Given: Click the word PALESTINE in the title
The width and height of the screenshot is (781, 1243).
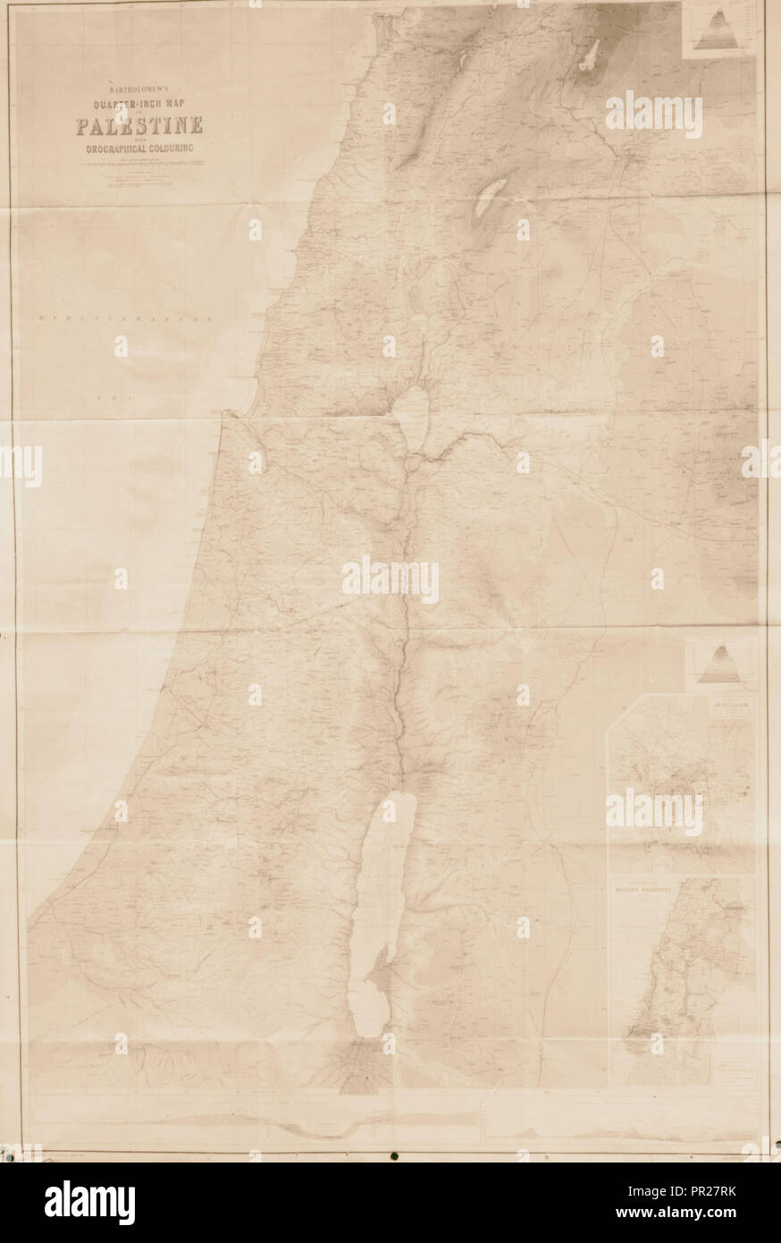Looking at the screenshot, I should coord(138,125).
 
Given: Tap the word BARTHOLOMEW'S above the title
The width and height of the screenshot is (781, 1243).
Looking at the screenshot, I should coord(138,89).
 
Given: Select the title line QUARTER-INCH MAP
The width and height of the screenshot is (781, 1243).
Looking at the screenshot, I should coord(138,103).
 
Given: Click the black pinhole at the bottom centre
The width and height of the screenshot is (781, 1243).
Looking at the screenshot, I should coord(392,1156).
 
